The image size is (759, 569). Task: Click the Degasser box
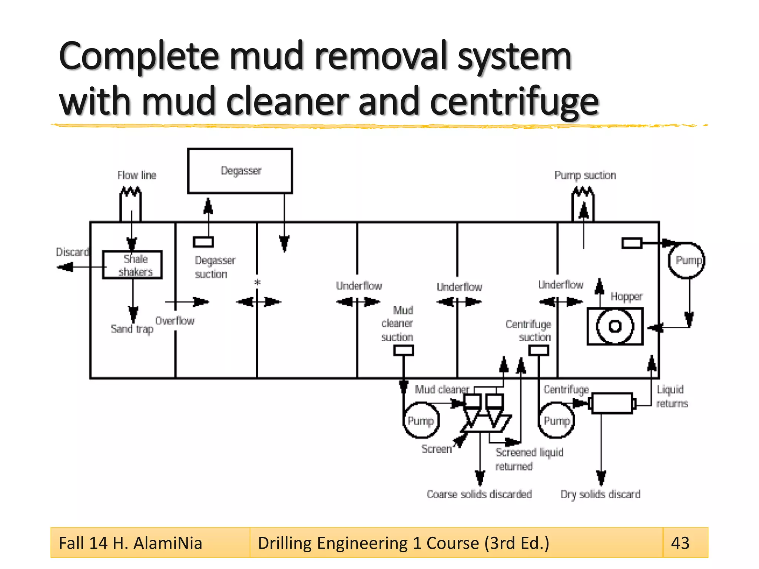pyautogui.click(x=240, y=171)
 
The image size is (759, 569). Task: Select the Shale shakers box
pyautogui.click(x=132, y=265)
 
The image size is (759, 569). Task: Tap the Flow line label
pyautogui.click(x=137, y=175)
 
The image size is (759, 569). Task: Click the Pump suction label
pyautogui.click(x=585, y=175)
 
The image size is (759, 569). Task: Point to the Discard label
pyautogui.click(x=72, y=252)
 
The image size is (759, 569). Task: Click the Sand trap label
pyautogui.click(x=132, y=329)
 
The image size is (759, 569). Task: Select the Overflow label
pyautogui.click(x=175, y=321)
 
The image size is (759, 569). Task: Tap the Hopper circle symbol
pyautogui.click(x=615, y=326)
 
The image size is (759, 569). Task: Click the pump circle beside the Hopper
pyautogui.click(x=687, y=260)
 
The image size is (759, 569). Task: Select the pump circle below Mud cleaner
pyautogui.click(x=421, y=421)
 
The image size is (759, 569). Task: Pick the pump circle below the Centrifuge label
pyautogui.click(x=556, y=421)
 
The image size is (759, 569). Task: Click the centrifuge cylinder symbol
pyautogui.click(x=612, y=403)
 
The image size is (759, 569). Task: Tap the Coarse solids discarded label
pyautogui.click(x=479, y=494)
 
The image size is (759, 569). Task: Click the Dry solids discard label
pyautogui.click(x=600, y=494)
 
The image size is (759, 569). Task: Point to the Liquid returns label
pyautogui.click(x=672, y=396)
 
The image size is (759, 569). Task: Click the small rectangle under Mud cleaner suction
pyautogui.click(x=403, y=350)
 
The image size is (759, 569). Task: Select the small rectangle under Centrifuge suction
pyautogui.click(x=538, y=350)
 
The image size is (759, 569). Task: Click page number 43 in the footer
pyautogui.click(x=680, y=543)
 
